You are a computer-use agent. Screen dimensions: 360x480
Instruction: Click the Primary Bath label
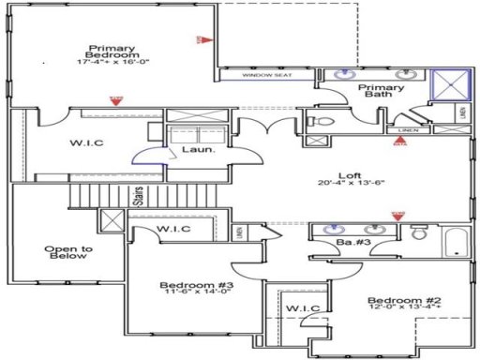pos(382,91)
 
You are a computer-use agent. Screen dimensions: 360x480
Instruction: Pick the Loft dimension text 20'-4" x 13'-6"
pos(351,182)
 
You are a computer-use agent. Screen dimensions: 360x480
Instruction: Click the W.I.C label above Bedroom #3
pos(172,229)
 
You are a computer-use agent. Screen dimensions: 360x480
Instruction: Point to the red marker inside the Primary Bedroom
pos(201,39)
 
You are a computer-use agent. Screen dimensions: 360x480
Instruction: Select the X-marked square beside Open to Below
pos(112,222)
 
